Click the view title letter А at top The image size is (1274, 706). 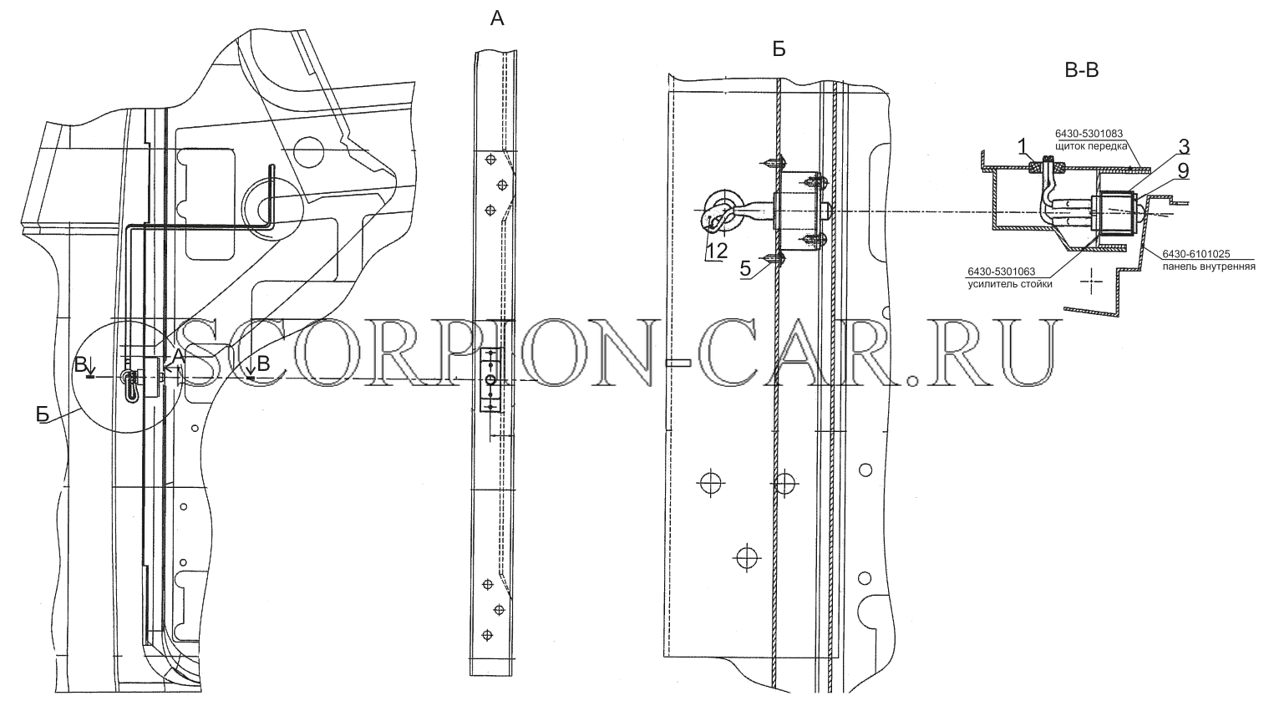(497, 19)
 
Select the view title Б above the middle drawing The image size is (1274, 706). (779, 50)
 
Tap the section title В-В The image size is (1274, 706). (1081, 70)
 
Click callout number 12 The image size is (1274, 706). (718, 251)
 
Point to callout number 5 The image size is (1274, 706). (746, 268)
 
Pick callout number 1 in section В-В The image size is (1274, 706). (1022, 147)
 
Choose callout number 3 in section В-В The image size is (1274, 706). (1184, 147)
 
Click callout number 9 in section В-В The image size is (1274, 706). (1184, 170)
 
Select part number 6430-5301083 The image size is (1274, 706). (1089, 134)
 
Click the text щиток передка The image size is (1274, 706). (1091, 145)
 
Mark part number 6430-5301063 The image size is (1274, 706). (1001, 272)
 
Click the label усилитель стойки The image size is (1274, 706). (1010, 284)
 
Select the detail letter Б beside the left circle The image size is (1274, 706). (43, 415)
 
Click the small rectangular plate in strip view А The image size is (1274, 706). (489, 380)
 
